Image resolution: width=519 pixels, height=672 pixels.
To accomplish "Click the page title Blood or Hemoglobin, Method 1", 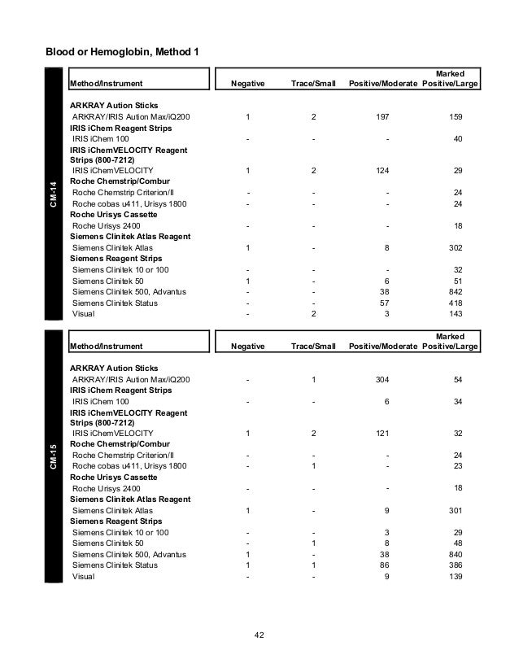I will coord(125,53).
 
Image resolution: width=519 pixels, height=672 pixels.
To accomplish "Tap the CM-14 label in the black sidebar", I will coord(54,195).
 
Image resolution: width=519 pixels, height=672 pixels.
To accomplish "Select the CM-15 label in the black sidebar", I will coord(54,458).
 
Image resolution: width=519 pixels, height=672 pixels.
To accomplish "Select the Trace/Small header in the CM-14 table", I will coord(313,83).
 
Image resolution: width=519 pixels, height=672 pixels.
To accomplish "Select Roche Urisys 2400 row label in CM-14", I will coord(107,225).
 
